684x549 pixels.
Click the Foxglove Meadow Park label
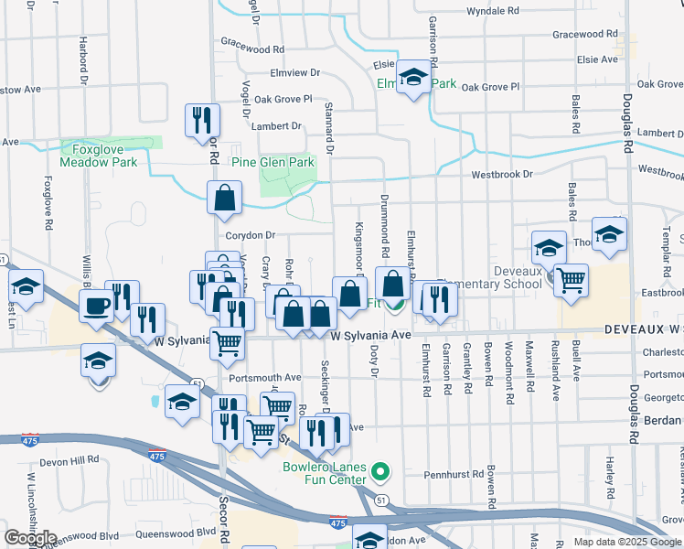coord(98,155)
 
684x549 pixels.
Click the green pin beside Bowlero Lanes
coord(382,473)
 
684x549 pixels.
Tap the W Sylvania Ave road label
coord(371,336)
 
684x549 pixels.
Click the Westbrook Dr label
coord(501,174)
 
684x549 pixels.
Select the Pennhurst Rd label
coord(452,476)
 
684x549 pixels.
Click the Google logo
coord(30,537)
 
